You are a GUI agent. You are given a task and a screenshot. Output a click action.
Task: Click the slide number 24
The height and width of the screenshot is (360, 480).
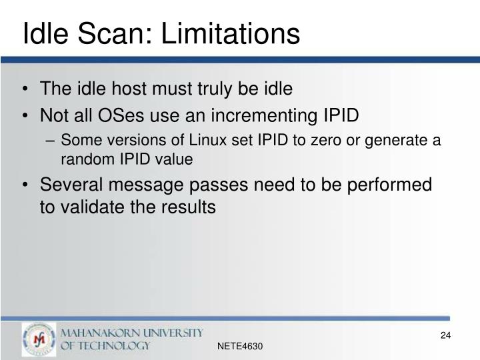point(446,335)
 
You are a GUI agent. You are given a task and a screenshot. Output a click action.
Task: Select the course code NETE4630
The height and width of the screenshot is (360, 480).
point(241,347)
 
